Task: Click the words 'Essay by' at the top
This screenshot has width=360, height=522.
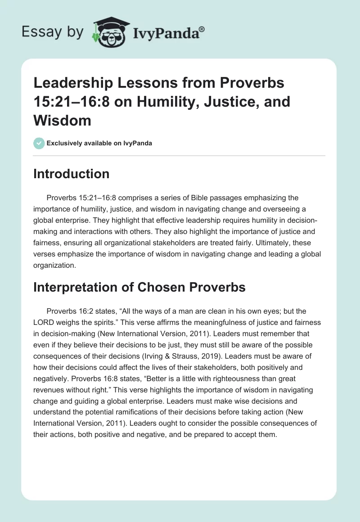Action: [53, 32]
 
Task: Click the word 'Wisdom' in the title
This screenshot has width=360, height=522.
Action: [62, 120]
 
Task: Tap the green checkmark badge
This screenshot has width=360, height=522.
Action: [39, 144]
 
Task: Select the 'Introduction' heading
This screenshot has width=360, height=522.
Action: [71, 174]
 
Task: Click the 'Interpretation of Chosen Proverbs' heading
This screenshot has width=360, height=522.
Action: [139, 287]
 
